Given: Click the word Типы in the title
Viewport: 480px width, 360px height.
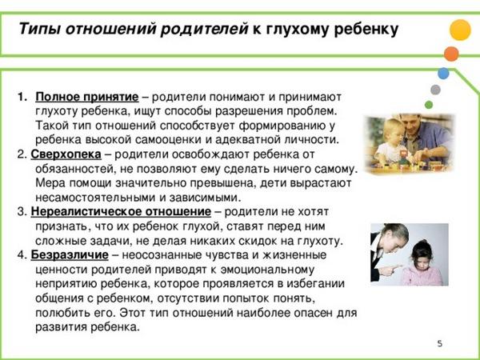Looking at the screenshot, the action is point(39,30).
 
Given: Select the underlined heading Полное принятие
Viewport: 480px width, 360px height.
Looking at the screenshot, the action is point(87,98).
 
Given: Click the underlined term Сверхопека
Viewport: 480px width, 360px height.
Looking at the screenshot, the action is point(66,154).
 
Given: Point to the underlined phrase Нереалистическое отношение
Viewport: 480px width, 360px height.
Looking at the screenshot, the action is point(121,211).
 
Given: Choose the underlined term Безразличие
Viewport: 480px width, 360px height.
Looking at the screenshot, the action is point(70,255).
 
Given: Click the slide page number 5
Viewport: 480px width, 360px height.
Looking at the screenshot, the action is point(439,343).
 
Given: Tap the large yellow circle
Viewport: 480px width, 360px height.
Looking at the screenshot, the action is point(460,30).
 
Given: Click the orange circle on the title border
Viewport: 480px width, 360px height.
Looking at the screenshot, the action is point(451,54).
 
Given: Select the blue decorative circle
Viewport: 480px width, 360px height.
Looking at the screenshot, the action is point(443,74).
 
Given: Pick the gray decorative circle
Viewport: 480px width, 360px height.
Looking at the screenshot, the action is point(435,90).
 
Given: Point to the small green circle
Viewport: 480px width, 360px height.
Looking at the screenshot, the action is point(429,105).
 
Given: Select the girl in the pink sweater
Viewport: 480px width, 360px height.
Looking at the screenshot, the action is point(422,263).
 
